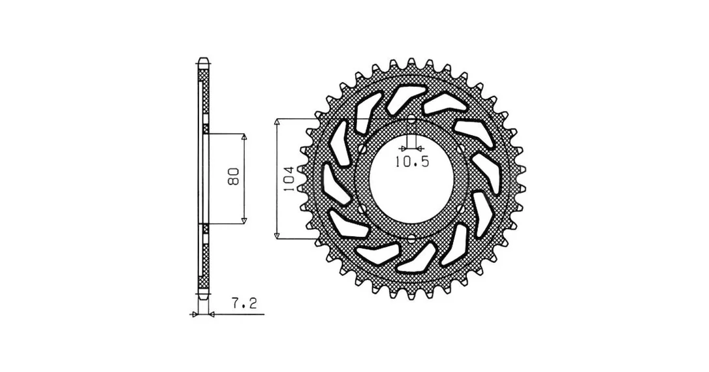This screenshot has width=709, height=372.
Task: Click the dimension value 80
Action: [234, 177]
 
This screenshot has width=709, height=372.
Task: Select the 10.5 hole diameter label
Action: [411, 161]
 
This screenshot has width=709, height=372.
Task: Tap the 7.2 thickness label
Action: [245, 303]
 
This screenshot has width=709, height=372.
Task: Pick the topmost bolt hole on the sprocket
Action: [411, 120]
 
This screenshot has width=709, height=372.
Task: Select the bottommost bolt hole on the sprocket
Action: [411, 238]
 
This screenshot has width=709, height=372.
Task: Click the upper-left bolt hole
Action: [361, 149]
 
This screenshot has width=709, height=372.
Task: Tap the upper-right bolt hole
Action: [462, 149]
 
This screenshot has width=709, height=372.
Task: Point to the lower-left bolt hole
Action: [361, 208]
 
